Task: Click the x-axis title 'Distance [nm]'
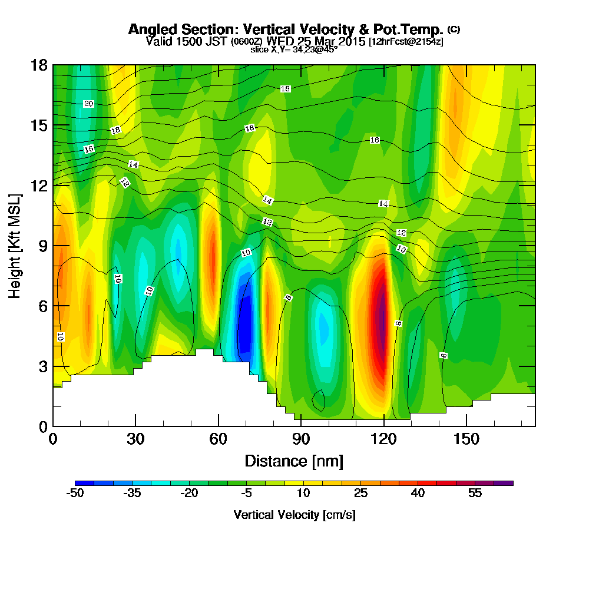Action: click(x=294, y=460)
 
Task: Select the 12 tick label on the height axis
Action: click(x=39, y=186)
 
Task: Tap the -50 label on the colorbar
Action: click(x=76, y=494)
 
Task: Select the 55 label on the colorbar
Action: click(x=475, y=494)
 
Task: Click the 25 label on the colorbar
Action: click(x=361, y=494)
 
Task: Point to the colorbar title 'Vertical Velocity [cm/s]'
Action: click(x=294, y=515)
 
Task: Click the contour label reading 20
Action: click(x=88, y=104)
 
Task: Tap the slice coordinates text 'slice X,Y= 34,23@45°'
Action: click(x=294, y=49)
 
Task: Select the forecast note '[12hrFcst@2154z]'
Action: click(x=406, y=42)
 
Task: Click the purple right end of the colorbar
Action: click(x=507, y=483)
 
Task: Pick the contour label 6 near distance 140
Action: click(x=443, y=355)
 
